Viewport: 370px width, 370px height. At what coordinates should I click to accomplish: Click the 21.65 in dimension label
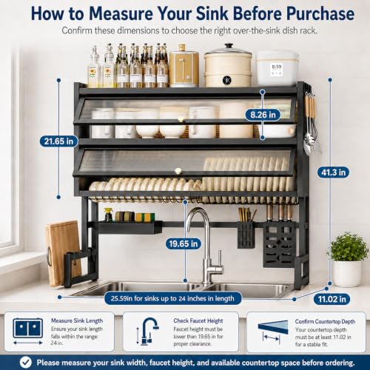pyautogui.click(x=58, y=141)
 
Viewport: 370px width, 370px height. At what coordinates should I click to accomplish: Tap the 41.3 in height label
pyautogui.click(x=333, y=172)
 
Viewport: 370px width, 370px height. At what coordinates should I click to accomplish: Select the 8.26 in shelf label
pyautogui.click(x=263, y=115)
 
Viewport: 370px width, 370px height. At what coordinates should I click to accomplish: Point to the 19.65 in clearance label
pyautogui.click(x=184, y=243)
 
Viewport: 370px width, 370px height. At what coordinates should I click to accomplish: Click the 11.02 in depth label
pyautogui.click(x=332, y=299)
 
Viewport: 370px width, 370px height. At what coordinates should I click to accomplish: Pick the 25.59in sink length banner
pyautogui.click(x=172, y=298)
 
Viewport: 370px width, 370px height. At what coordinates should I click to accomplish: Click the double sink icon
pyautogui.click(x=28, y=328)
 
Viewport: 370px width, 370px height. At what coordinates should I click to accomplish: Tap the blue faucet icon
pyautogui.click(x=149, y=331)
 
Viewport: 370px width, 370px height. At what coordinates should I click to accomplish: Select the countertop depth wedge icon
pyautogui.click(x=273, y=327)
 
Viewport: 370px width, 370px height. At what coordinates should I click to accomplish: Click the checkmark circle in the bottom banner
pyautogui.click(x=26, y=363)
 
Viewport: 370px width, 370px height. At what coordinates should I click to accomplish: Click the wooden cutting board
pyautogui.click(x=63, y=252)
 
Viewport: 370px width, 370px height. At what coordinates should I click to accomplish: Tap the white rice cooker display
pyautogui.click(x=277, y=70)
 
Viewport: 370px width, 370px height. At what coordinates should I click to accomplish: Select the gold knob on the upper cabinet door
pyautogui.click(x=181, y=120)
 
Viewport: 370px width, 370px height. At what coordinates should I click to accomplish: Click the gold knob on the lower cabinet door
pyautogui.click(x=178, y=171)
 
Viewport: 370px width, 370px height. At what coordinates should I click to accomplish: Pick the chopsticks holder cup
pyautogui.click(x=246, y=235)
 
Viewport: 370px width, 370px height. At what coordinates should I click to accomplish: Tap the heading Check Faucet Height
pyautogui.click(x=198, y=320)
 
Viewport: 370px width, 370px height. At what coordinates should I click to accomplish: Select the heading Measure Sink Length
pyautogui.click(x=77, y=320)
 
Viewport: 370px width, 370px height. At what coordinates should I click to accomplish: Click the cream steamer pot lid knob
pyautogui.click(x=229, y=46)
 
